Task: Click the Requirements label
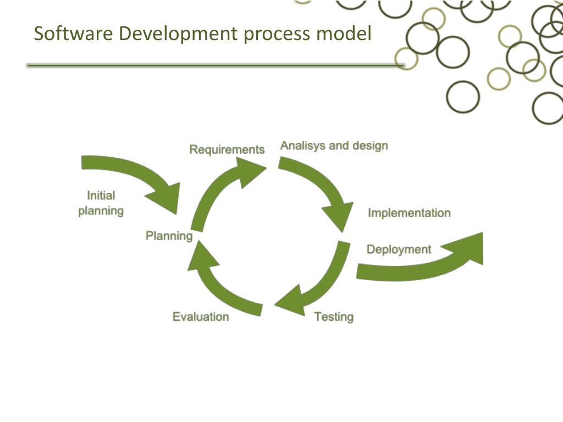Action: point(227,149)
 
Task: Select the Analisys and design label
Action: point(334,146)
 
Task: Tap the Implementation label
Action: point(409,213)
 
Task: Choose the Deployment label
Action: point(399,249)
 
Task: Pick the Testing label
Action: point(334,316)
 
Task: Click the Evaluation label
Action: point(201,316)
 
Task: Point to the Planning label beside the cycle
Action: point(169,236)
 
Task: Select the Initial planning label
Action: point(101,203)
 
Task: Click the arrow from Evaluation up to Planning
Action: point(220,286)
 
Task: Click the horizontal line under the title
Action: point(214,65)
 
